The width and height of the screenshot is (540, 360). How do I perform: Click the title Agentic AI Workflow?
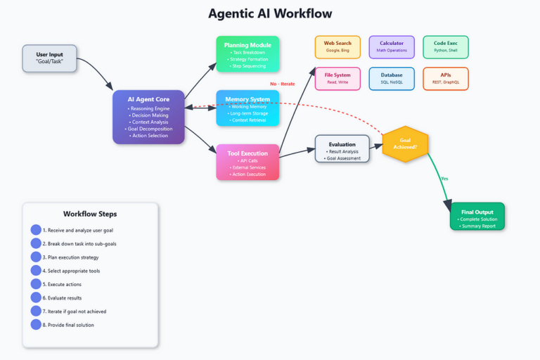tap(270, 14)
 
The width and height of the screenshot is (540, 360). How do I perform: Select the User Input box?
tap(49, 58)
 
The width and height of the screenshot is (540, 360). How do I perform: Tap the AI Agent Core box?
tap(148, 117)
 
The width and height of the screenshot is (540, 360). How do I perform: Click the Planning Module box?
tap(247, 54)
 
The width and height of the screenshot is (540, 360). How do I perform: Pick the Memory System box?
tap(247, 108)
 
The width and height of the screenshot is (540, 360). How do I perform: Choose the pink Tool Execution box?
tap(247, 162)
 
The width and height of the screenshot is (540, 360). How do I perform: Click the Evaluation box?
tap(342, 149)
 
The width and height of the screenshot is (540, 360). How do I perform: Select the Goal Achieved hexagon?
tap(405, 143)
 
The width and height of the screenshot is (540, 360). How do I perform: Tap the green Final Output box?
tap(477, 216)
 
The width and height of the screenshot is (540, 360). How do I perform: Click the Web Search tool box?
tap(337, 47)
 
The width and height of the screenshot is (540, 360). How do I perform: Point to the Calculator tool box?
tap(392, 47)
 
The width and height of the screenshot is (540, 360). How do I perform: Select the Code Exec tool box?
tap(446, 47)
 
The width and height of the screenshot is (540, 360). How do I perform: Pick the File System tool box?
tap(337, 79)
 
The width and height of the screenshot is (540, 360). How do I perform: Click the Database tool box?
tap(392, 79)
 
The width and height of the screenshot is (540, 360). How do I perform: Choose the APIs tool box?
tap(446, 79)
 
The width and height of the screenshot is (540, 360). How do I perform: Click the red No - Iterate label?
tap(283, 84)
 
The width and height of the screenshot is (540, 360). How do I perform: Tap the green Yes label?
tap(444, 179)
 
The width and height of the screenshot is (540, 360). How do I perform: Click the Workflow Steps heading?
tap(90, 214)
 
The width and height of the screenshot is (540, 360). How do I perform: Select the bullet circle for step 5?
tap(36, 284)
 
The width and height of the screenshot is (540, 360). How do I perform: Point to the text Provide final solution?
tap(70, 325)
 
